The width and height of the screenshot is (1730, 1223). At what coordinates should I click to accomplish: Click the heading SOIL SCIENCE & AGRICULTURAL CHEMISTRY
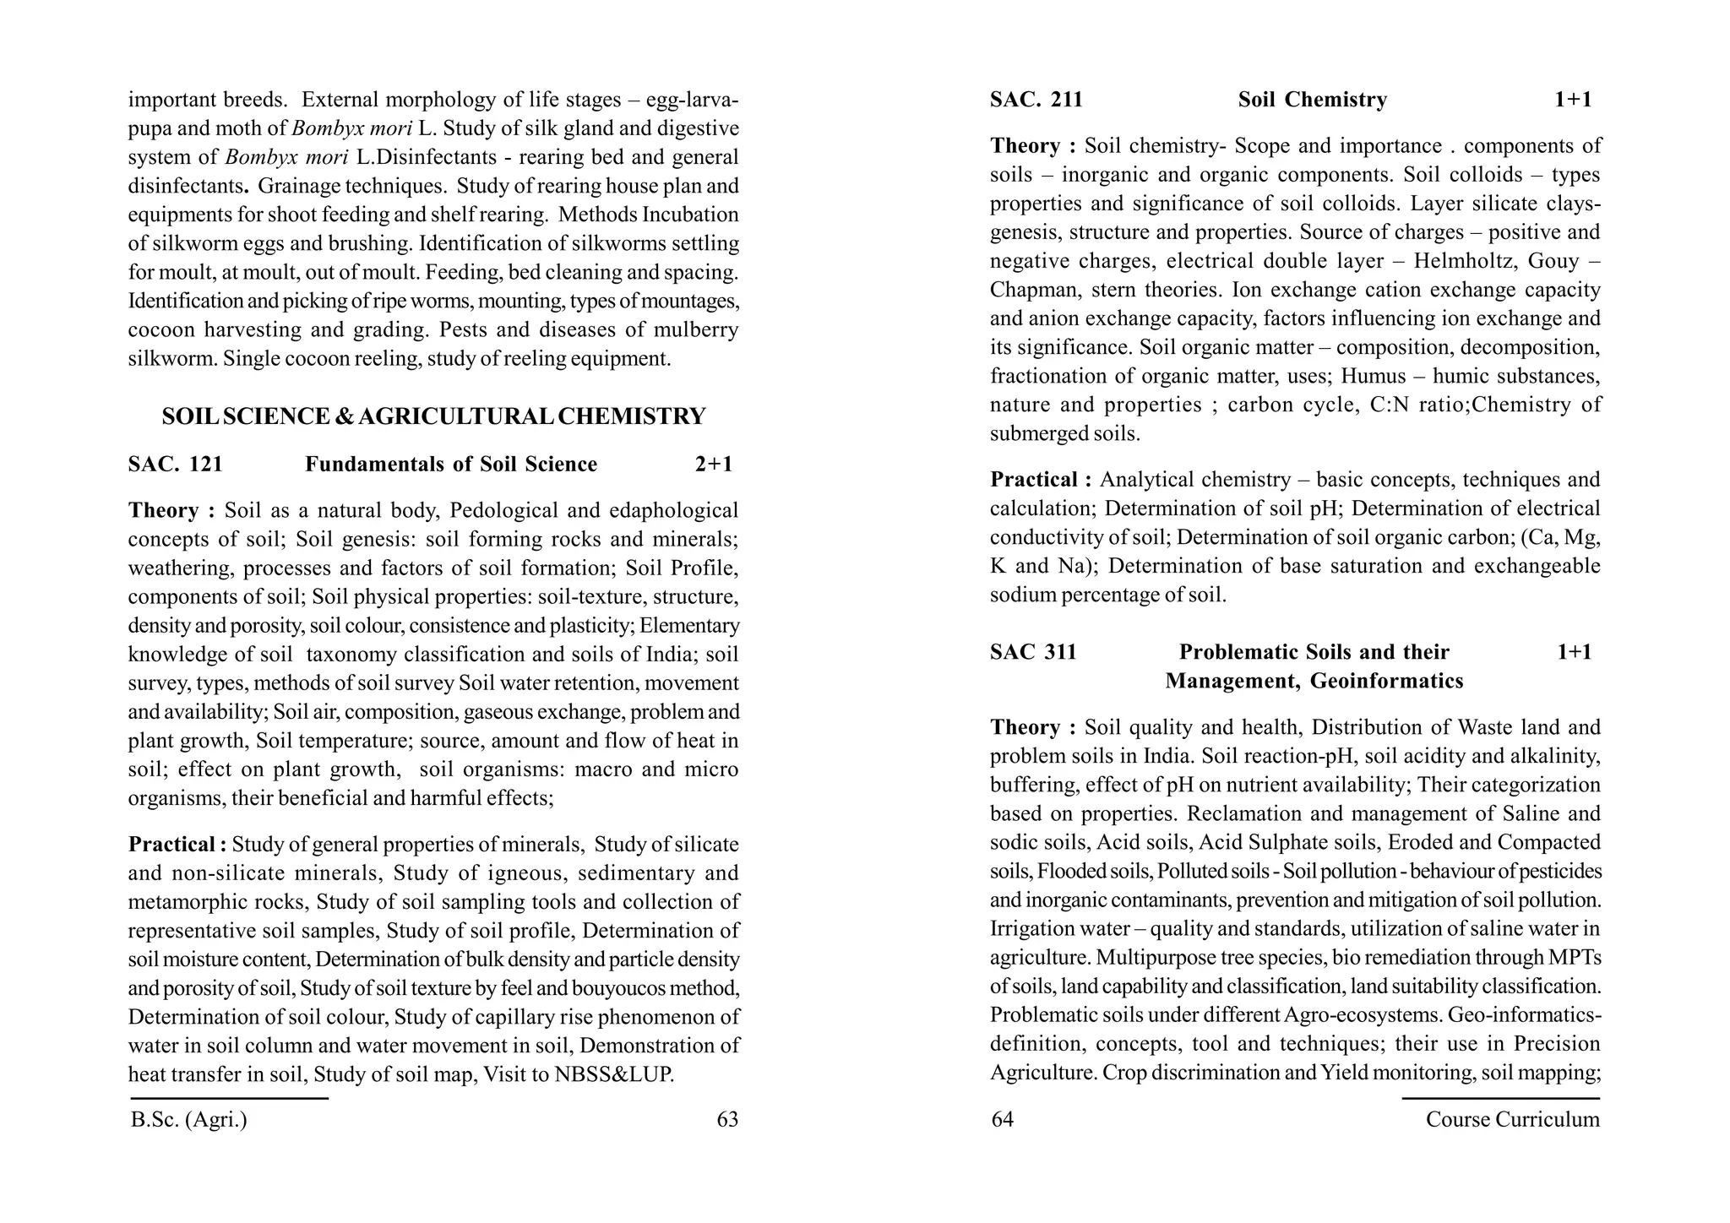433,416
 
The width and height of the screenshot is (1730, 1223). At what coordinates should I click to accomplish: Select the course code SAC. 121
176,465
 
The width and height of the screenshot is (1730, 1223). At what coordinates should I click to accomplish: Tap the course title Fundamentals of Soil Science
450,465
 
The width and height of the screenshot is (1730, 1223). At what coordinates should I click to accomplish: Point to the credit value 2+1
714,465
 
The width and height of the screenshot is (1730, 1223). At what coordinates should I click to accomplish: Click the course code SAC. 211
1036,101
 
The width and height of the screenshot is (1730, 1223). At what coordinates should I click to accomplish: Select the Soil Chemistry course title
1312,101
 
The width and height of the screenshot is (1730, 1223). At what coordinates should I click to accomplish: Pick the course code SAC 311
1033,652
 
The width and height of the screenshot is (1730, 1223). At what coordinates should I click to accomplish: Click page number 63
726,1120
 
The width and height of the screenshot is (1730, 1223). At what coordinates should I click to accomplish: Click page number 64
1002,1120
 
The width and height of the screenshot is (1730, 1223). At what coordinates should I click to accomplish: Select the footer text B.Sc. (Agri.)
189,1120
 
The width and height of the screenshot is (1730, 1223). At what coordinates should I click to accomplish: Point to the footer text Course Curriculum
1512,1120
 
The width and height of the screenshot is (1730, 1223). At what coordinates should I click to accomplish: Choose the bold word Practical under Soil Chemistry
1040,480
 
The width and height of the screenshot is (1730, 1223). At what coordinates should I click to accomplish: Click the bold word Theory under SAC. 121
163,511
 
